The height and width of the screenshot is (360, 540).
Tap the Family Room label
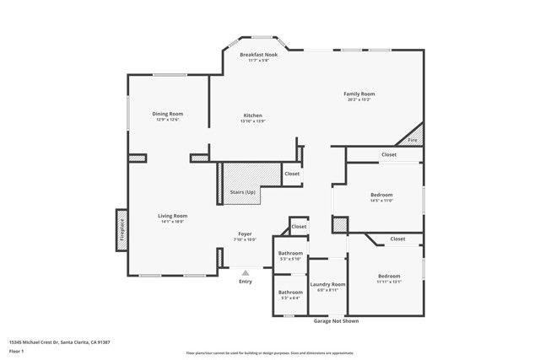click(359, 94)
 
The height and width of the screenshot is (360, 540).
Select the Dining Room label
click(168, 114)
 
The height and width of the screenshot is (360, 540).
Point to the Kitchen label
click(253, 115)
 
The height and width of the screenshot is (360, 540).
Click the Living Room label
click(172, 216)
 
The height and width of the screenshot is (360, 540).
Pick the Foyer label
click(245, 234)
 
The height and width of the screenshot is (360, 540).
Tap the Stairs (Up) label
click(243, 192)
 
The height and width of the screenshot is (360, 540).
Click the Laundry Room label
click(327, 284)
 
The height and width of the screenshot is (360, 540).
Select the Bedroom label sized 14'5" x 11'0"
click(381, 195)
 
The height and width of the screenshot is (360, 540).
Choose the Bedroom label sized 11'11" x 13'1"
click(389, 277)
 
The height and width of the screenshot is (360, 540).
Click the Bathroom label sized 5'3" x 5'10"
click(291, 253)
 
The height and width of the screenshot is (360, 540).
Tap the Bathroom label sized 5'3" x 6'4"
click(291, 292)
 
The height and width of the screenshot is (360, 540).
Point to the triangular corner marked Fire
click(413, 140)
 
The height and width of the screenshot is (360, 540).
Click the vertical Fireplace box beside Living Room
click(121, 229)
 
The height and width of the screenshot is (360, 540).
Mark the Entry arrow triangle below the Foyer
click(246, 272)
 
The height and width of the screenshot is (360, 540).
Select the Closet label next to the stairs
click(291, 174)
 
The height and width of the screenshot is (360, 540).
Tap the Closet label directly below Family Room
click(389, 154)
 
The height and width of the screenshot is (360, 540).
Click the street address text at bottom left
click(60, 341)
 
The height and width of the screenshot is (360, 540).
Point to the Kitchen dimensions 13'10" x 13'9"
click(253, 121)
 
